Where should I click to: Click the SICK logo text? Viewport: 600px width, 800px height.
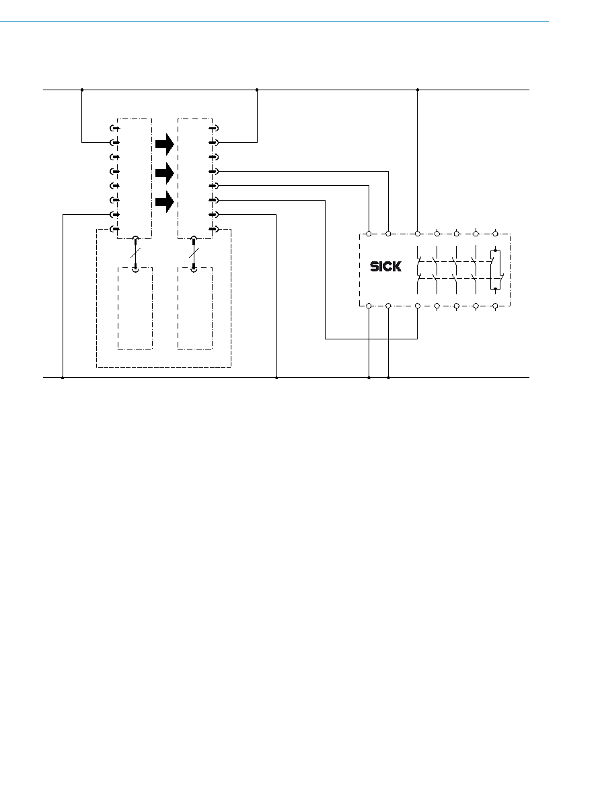(x=385, y=266)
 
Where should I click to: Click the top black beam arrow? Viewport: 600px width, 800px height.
(x=165, y=144)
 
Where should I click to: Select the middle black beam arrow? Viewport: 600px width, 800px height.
(x=165, y=173)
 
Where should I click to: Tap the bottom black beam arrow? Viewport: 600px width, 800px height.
(x=165, y=201)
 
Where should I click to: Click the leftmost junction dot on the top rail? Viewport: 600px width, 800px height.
(x=82, y=90)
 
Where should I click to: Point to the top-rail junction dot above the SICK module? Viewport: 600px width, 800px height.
(x=418, y=90)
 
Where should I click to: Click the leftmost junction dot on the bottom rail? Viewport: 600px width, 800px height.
(x=63, y=378)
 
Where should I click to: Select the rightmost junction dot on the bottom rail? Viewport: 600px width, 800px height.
(x=388, y=378)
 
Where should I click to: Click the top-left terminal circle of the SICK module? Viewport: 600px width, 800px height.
(x=369, y=234)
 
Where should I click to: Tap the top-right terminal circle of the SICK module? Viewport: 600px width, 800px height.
(x=495, y=234)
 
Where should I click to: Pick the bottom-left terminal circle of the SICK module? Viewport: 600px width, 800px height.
(x=369, y=306)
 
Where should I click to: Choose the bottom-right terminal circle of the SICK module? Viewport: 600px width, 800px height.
(x=495, y=306)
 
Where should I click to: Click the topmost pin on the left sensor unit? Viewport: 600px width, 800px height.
(x=115, y=128)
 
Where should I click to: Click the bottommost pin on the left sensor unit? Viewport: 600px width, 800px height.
(x=115, y=229)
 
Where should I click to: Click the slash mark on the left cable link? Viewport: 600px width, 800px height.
(x=135, y=253)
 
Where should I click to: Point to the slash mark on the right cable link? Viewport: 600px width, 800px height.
(x=193, y=253)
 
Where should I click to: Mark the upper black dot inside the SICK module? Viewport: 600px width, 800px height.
(x=496, y=251)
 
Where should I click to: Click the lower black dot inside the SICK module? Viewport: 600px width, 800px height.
(x=496, y=289)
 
